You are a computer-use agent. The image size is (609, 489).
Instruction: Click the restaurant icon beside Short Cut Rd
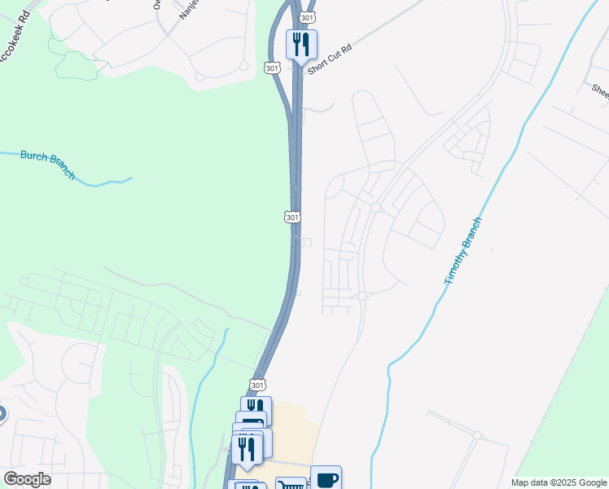tap(301, 44)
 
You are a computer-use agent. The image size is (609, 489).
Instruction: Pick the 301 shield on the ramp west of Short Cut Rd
tap(273, 67)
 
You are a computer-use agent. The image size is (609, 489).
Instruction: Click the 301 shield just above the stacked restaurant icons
tap(257, 385)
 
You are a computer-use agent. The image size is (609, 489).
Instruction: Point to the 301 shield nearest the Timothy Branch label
tap(293, 217)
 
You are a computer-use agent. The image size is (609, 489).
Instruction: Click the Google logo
tap(27, 479)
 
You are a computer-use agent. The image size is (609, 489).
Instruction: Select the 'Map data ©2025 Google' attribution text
tap(559, 482)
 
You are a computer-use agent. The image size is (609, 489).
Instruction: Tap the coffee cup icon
tap(326, 478)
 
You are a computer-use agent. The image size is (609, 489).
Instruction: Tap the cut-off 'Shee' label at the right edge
tap(600, 90)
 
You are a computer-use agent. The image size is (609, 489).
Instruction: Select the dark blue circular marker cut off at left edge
tap(2, 415)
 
